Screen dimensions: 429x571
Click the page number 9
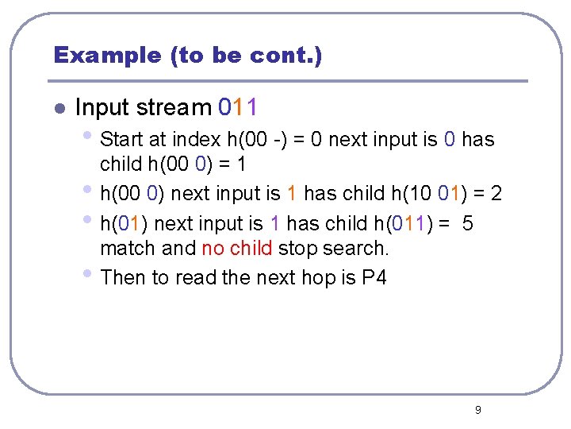[477, 410]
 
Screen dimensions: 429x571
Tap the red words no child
[236, 249]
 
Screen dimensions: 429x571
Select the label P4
[373, 277]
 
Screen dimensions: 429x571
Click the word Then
[125, 277]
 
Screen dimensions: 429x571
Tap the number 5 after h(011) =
[467, 223]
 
